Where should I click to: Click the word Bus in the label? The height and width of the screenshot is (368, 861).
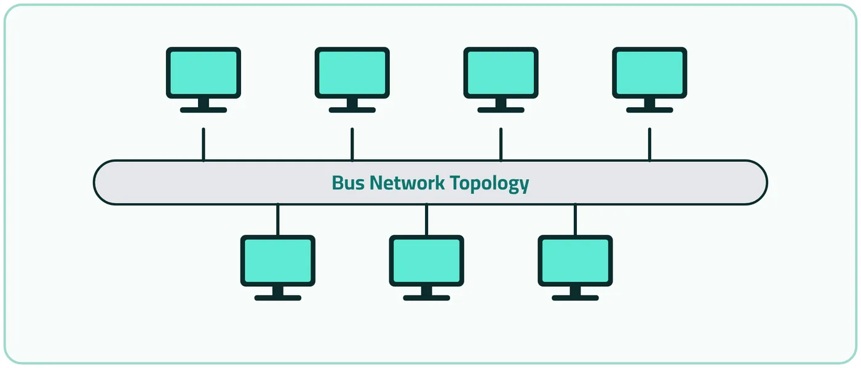coord(348,183)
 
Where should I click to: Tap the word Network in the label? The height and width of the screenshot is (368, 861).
coord(407,183)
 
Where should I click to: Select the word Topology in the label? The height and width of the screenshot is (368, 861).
coord(490,184)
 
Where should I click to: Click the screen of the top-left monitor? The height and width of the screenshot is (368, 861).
coord(204,73)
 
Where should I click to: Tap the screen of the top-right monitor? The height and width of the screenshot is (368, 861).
coord(649,73)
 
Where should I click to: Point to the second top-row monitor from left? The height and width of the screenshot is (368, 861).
coord(352,79)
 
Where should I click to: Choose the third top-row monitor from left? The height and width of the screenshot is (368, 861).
coord(501,79)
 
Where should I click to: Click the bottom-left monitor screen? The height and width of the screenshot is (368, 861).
coord(278,261)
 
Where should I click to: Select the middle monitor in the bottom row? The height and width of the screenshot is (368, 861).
coord(427,268)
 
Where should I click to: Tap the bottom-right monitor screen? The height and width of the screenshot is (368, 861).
coord(576,261)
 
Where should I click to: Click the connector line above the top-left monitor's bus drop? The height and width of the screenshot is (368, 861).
coord(204,144)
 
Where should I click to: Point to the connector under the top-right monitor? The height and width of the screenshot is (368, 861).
coord(649,144)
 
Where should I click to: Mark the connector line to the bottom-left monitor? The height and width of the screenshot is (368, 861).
coord(278,220)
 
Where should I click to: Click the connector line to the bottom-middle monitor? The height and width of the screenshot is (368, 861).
coord(427,220)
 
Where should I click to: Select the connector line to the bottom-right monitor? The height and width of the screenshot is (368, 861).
coord(576,220)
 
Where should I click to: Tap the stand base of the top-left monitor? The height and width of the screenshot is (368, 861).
coord(204,110)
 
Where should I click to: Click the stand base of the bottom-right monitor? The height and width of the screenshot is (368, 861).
coord(576,298)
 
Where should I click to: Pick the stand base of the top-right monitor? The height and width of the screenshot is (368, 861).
coord(649,110)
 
